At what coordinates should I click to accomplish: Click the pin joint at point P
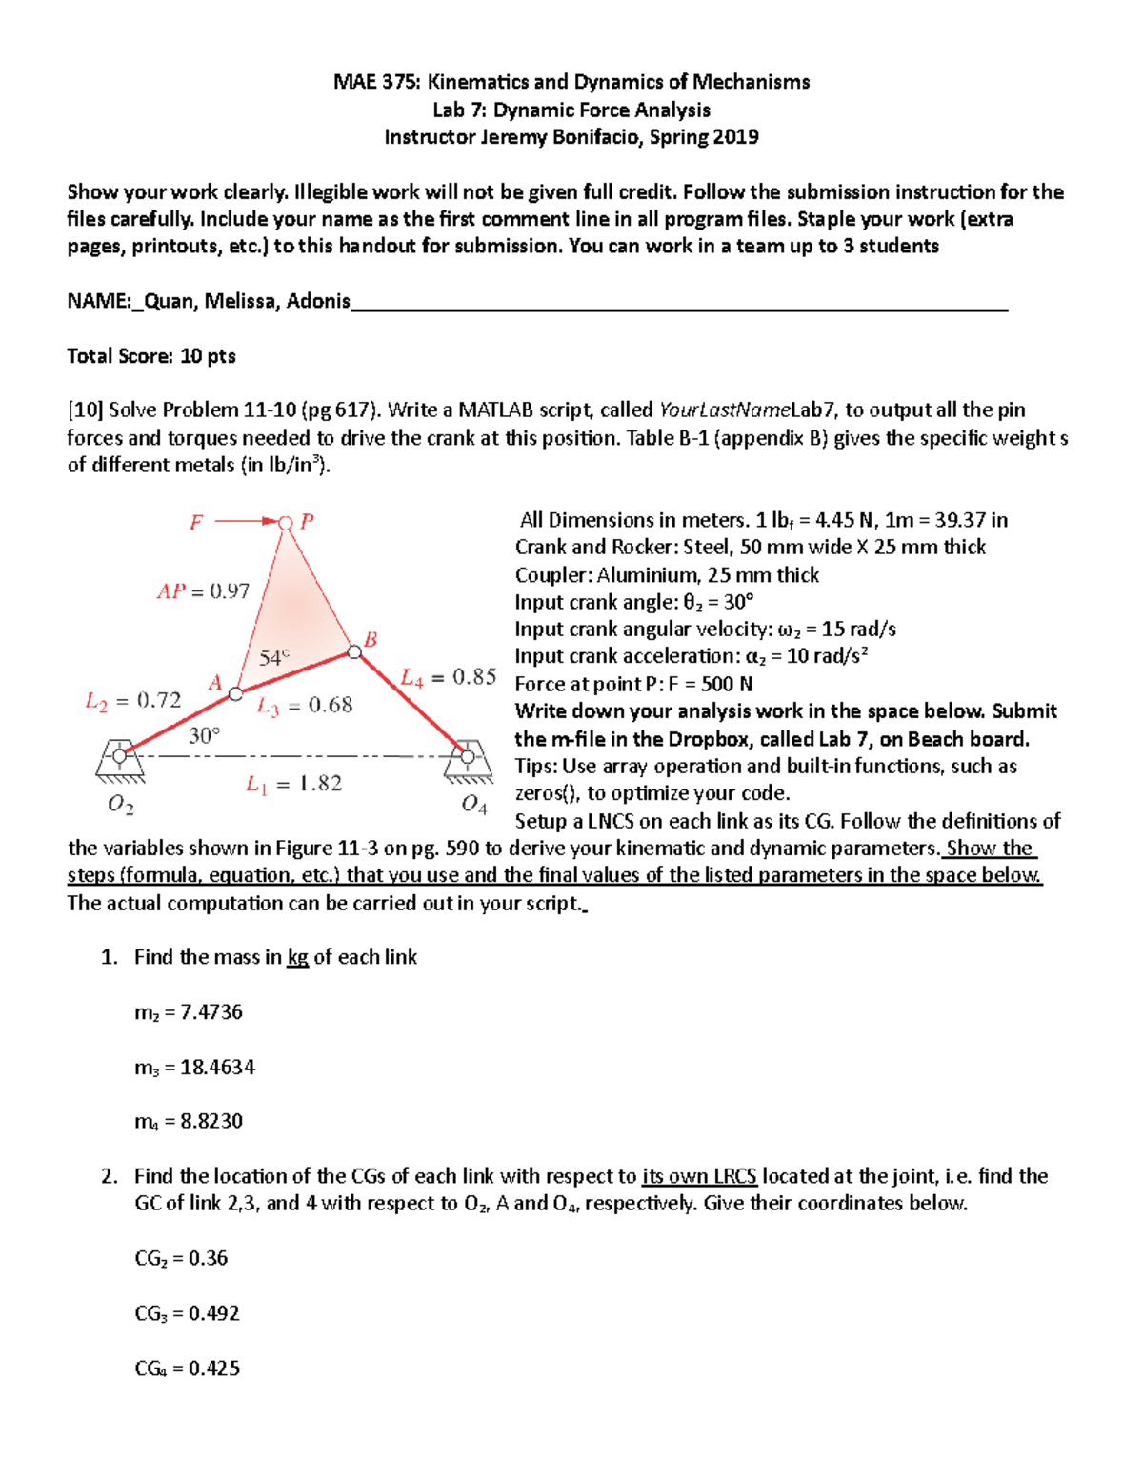click(285, 522)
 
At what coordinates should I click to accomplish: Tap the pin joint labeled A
click(235, 694)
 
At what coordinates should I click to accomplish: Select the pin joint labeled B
click(354, 651)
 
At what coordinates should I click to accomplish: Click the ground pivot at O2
click(120, 755)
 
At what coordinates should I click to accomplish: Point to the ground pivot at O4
click(468, 755)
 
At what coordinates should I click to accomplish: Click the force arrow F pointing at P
click(244, 521)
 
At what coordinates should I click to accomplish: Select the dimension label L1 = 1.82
click(293, 784)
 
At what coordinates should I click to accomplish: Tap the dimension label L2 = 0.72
click(132, 701)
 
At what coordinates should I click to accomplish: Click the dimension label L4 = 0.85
click(448, 677)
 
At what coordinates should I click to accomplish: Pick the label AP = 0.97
click(203, 591)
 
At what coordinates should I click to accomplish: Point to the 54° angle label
click(273, 658)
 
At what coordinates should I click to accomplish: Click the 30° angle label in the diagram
click(204, 735)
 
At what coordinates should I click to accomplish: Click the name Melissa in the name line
click(241, 301)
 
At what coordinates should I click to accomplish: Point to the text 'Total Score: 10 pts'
click(151, 356)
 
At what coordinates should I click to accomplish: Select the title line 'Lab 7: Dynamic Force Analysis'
click(571, 110)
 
